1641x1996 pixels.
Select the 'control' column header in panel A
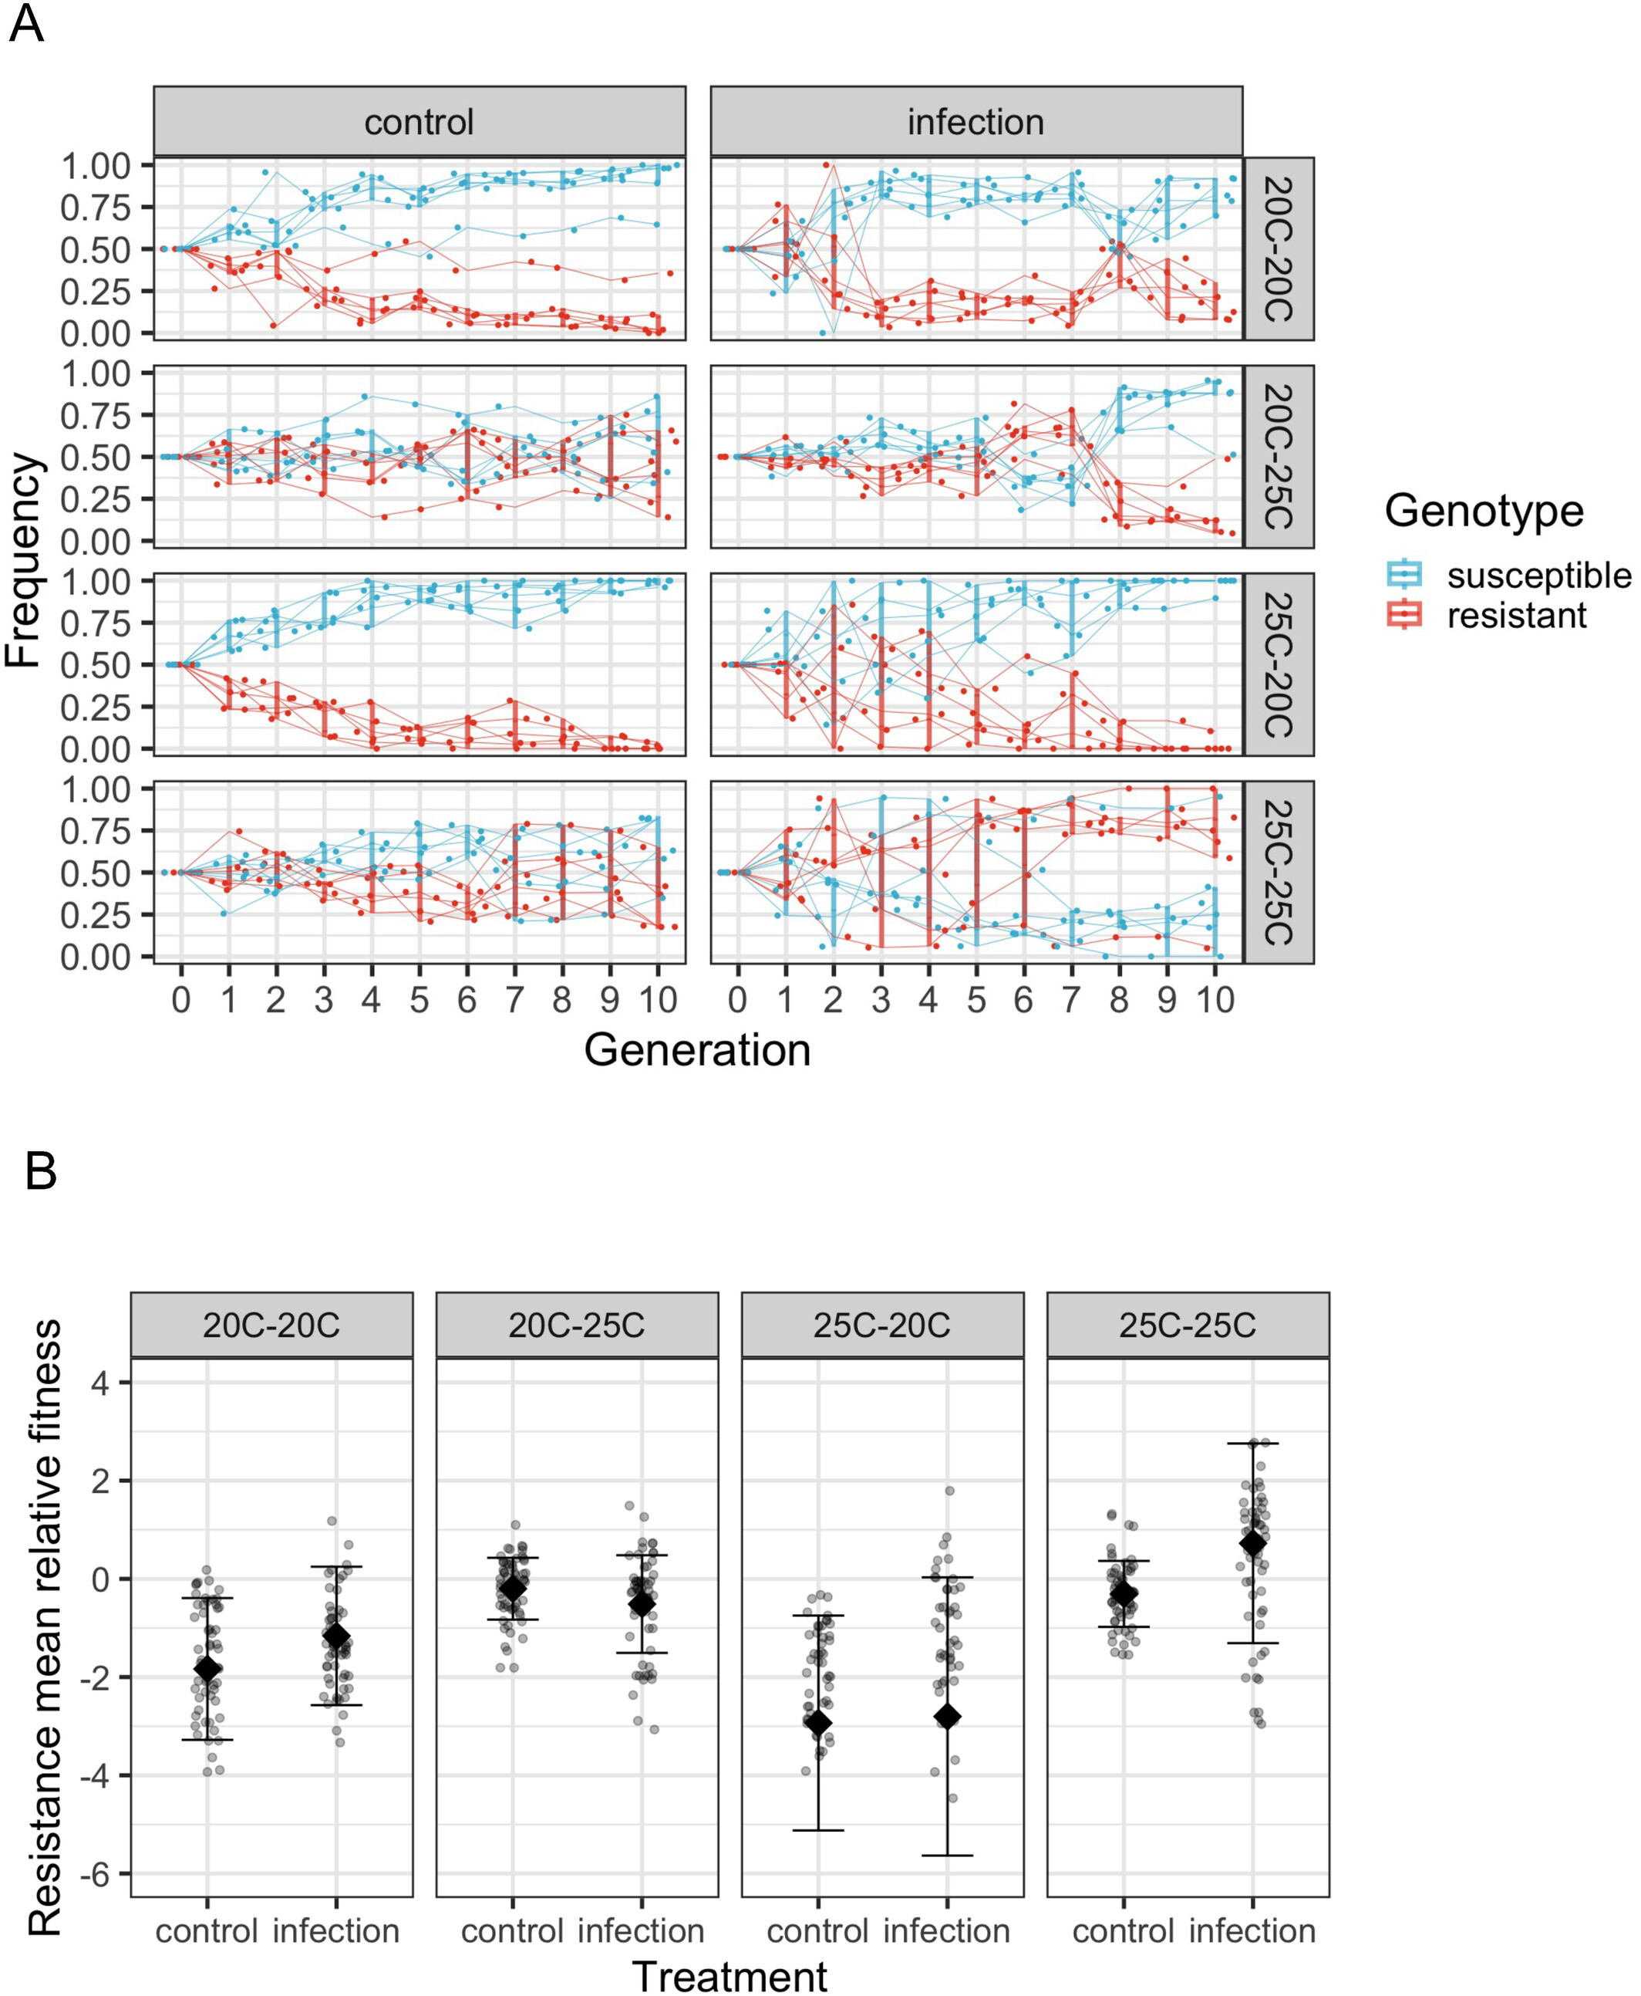419,122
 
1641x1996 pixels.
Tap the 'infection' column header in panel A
976,122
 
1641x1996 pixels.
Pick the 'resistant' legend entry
1516,616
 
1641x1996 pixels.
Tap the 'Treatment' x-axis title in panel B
729,1975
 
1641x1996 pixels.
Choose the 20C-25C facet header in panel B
577,1326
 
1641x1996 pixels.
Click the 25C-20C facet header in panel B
882,1326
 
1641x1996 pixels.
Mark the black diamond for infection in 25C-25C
1252,1543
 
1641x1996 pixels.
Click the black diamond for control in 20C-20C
208,1669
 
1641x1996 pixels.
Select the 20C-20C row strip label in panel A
1277,248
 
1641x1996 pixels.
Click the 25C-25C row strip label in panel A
1277,872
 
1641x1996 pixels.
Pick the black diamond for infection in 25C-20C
947,1716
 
